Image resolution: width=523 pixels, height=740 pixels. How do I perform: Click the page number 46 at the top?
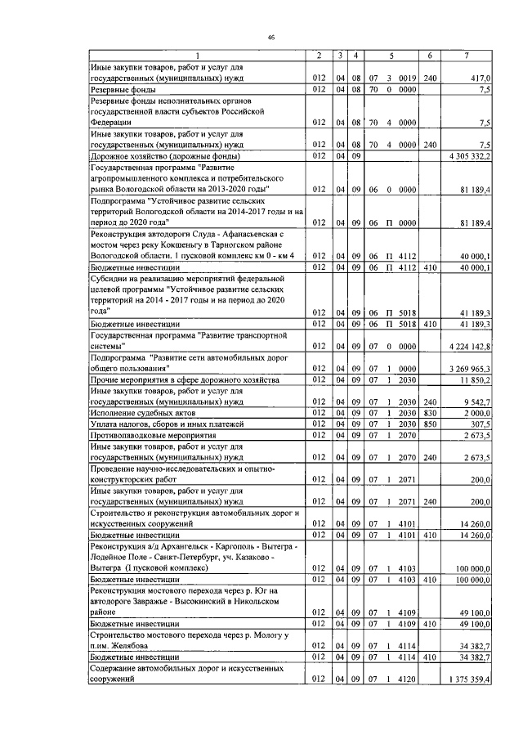(270, 38)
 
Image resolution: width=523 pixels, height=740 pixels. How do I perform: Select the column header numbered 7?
(466, 55)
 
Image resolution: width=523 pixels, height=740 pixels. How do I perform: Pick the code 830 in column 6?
(430, 414)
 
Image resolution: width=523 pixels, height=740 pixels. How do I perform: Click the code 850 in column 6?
(430, 424)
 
